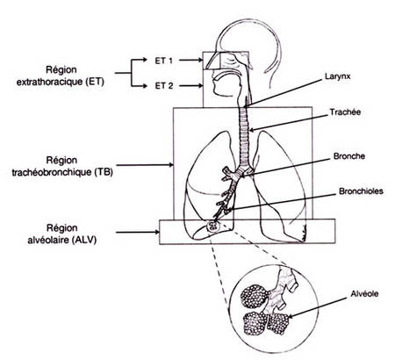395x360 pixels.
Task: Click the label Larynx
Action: [337, 76]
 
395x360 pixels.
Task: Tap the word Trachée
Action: [345, 112]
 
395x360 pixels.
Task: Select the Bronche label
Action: [349, 156]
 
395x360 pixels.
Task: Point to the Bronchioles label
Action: [361, 191]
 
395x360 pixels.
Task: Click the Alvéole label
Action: [364, 293]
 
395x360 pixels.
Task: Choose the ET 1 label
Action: [164, 61]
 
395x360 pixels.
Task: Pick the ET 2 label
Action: [164, 86]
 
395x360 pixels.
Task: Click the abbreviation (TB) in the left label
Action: [104, 172]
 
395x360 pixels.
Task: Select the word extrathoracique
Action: [49, 82]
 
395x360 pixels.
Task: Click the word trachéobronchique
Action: [52, 172]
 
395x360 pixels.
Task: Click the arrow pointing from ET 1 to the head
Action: [191, 60]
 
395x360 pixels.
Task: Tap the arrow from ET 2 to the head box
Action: [191, 86]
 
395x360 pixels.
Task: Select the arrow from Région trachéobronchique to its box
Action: [145, 165]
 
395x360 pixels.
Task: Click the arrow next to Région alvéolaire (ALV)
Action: [138, 233]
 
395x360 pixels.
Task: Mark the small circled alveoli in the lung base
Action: [212, 226]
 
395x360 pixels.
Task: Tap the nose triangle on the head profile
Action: [212, 61]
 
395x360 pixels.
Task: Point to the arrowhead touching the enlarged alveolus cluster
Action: [290, 316]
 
